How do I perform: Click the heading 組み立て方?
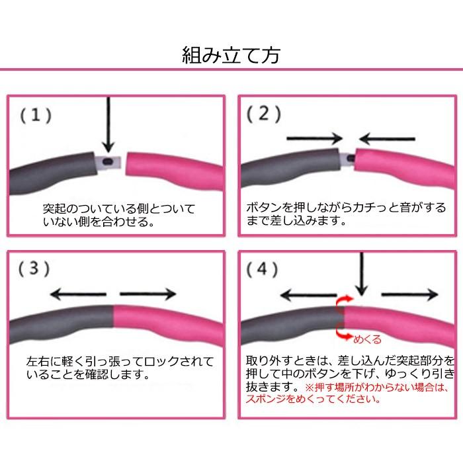tap(232, 55)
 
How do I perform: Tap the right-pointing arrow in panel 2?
tap(314, 138)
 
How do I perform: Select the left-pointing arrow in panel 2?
tap(388, 138)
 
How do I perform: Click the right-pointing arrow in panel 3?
tap(148, 294)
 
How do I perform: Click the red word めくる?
tap(368, 339)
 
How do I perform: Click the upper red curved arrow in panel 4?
tap(343, 303)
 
